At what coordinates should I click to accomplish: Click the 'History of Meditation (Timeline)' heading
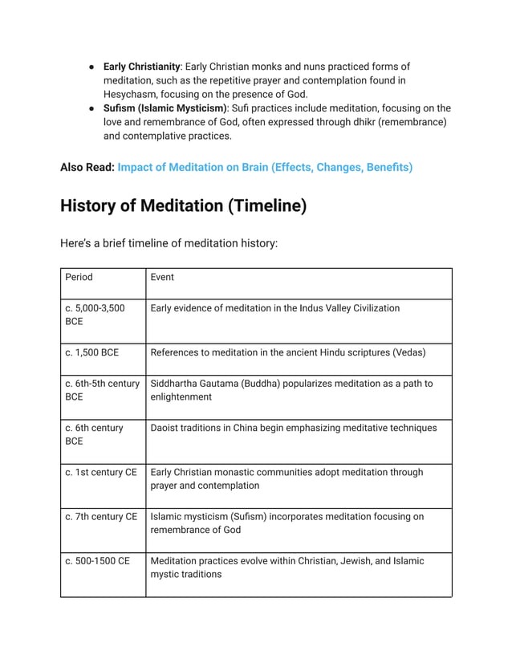(x=183, y=205)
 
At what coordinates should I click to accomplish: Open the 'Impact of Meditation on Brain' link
(x=265, y=167)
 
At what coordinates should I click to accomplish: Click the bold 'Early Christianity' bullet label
(x=141, y=67)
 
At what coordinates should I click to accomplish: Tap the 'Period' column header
(x=79, y=277)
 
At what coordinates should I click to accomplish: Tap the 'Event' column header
(x=162, y=277)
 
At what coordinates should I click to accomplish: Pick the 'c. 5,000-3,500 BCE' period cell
(x=95, y=315)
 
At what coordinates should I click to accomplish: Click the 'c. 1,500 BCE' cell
(x=91, y=352)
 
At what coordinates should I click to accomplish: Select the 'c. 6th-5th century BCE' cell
(x=102, y=390)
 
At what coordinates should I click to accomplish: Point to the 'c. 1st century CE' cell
(x=101, y=472)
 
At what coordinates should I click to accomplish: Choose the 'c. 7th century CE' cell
(x=101, y=516)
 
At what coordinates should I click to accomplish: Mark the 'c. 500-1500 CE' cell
(x=97, y=560)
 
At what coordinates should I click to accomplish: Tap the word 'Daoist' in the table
(x=165, y=428)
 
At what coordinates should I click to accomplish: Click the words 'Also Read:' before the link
(x=87, y=167)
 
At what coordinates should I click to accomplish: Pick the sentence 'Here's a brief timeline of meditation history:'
(x=169, y=242)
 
